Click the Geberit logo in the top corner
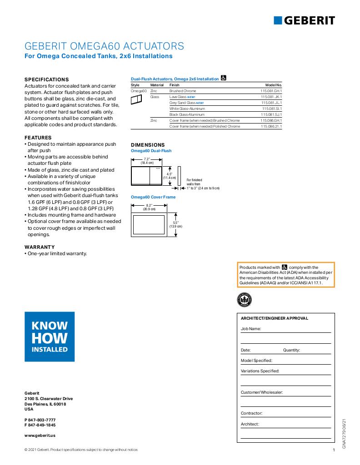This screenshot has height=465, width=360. [304, 20]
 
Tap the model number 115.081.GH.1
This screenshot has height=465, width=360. [271, 91]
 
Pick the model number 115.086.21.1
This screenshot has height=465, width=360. [271, 126]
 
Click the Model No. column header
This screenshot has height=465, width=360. [274, 85]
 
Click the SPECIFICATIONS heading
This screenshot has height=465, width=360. [46, 79]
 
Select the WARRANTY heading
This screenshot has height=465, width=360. [40, 247]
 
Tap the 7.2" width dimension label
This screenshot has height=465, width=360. [147, 159]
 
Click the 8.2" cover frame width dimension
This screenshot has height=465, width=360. [149, 206]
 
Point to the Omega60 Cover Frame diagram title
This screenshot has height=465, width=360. [153, 197]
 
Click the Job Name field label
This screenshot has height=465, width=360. [251, 328]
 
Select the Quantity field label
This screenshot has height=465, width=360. [291, 350]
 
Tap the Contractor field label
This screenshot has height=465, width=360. [251, 413]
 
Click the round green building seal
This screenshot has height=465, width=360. [245, 300]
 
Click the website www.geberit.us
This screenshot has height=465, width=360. [40, 435]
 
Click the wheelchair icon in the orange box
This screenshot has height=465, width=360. [285, 267]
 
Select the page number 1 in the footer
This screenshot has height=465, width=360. [334, 450]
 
